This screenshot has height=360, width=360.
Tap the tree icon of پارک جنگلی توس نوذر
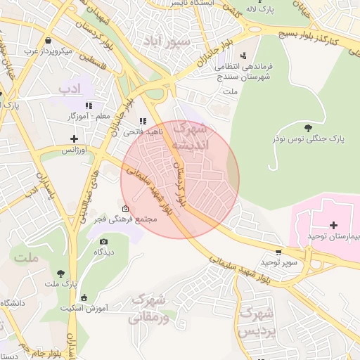pyautogui.click(x=308, y=127)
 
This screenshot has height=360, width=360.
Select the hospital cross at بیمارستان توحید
pyautogui.click(x=333, y=224)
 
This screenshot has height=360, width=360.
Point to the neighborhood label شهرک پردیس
pyautogui.click(x=255, y=321)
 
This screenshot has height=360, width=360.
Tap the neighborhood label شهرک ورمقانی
pyautogui.click(x=150, y=309)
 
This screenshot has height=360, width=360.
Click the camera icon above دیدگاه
pyautogui.click(x=104, y=241)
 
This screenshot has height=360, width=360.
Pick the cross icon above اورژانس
pyautogui.click(x=74, y=139)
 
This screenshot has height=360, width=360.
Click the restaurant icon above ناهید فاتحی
pyautogui.click(x=143, y=120)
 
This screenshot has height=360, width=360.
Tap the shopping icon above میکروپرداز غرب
pyautogui.click(x=48, y=41)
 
